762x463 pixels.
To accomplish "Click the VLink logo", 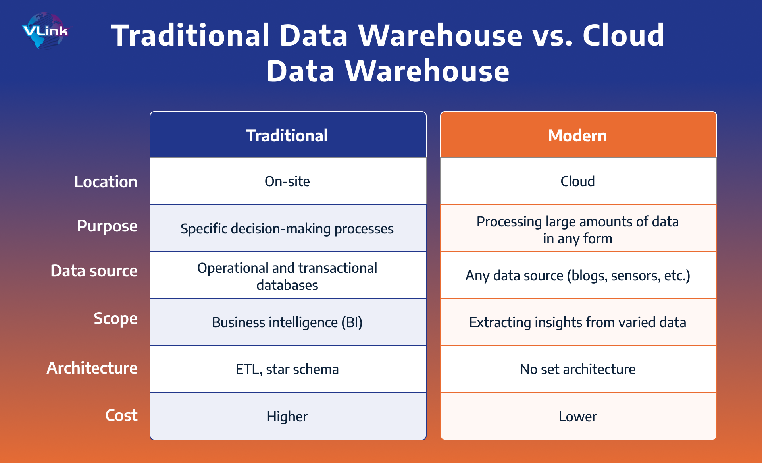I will [x=45, y=31].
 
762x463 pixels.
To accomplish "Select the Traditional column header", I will [x=287, y=135].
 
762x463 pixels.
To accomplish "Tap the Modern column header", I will [x=577, y=135].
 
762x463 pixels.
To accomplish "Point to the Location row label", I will [x=106, y=182].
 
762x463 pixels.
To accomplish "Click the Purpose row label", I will [x=107, y=226].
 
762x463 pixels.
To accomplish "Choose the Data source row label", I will [x=94, y=271].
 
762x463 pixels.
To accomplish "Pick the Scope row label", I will [x=115, y=318].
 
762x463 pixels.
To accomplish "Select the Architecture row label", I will [x=92, y=368].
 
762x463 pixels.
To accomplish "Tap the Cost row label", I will [x=121, y=415].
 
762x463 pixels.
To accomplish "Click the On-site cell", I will [x=287, y=181].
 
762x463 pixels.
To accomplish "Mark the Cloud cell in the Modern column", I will [x=577, y=181].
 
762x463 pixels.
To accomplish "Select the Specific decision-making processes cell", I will [x=287, y=229].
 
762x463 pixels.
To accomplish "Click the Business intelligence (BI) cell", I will [x=287, y=322].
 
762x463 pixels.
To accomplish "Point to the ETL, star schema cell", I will [x=287, y=369].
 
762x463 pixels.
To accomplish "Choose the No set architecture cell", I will [x=577, y=369].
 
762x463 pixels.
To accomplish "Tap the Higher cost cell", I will [x=287, y=417].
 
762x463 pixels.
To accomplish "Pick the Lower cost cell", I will [x=577, y=417].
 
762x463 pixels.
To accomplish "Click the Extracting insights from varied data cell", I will [x=577, y=322].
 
